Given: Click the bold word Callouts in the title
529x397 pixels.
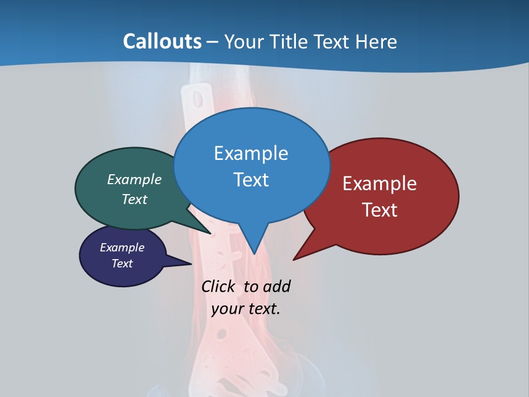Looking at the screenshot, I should (162, 41).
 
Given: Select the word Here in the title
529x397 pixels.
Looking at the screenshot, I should (377, 41).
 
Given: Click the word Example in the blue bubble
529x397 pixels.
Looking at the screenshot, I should (251, 153).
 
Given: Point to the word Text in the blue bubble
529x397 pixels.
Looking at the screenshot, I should (251, 180).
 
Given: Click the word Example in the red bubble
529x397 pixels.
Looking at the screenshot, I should (380, 184).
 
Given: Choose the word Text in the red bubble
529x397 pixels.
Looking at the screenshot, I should (380, 210).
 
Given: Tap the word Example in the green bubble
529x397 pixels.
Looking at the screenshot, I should (134, 180).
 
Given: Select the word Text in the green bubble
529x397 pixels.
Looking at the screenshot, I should (134, 200).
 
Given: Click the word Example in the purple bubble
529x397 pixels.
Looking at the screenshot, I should (122, 248).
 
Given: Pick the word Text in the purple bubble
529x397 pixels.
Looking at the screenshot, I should (122, 264).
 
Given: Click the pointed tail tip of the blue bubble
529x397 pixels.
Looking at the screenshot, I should (254, 254).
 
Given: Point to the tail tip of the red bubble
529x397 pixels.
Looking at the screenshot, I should (294, 260).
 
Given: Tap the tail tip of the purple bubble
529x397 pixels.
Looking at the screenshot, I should (191, 264).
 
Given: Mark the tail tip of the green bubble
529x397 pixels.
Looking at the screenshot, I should (210, 234).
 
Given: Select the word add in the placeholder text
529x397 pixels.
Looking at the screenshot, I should (277, 287).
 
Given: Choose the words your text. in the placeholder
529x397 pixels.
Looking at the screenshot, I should (246, 309).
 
